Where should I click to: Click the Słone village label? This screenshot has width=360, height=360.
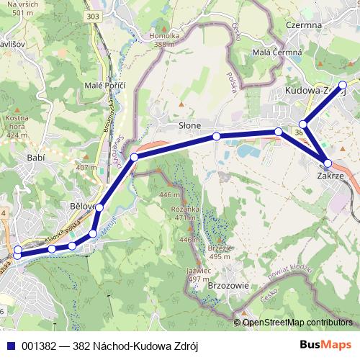point(190,125)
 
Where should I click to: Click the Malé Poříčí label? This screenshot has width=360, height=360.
point(105,86)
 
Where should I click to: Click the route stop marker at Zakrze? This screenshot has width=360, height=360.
point(328,163)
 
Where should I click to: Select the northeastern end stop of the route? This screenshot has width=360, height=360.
point(343,85)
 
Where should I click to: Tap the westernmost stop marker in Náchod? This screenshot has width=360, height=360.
point(17,253)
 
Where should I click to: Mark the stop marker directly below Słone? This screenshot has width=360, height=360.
point(216,136)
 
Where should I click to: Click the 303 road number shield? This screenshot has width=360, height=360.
point(112,15)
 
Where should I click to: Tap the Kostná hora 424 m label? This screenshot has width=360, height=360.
point(16,125)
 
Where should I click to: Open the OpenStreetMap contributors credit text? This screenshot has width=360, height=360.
point(297,323)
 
